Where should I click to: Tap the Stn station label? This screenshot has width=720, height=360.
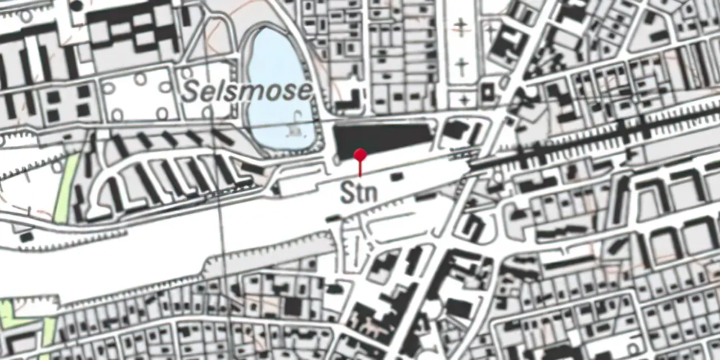pyautogui.click(x=359, y=193)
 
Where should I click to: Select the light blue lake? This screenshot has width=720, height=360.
pyautogui.click(x=277, y=79)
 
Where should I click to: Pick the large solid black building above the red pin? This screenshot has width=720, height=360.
pyautogui.click(x=382, y=138)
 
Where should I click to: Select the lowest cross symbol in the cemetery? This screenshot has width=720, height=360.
pyautogui.click(x=462, y=98)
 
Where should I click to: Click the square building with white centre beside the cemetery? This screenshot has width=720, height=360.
pyautogui.click(x=487, y=93)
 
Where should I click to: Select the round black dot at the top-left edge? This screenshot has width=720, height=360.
pyautogui.click(x=76, y=6)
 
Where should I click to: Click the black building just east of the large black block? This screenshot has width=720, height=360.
pyautogui.click(x=455, y=131)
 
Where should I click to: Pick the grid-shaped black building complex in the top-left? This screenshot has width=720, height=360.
pyautogui.click(x=130, y=29)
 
